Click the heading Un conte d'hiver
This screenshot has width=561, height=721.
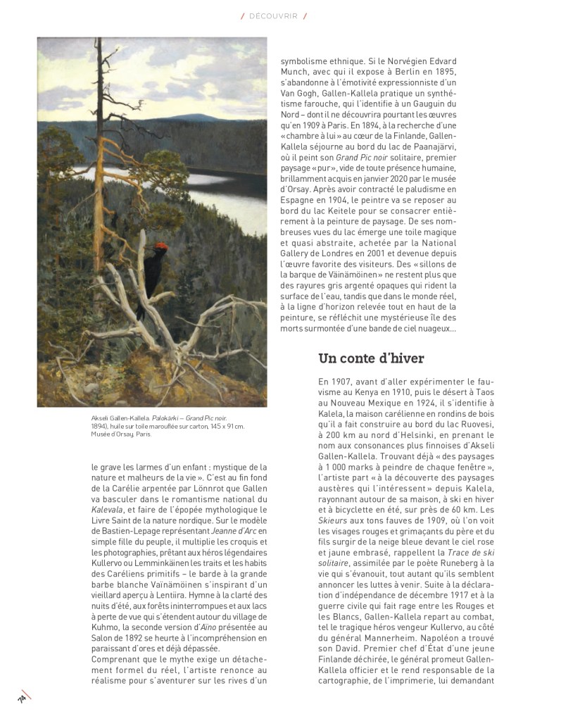(x=371, y=358)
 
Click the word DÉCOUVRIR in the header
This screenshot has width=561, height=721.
(x=274, y=15)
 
